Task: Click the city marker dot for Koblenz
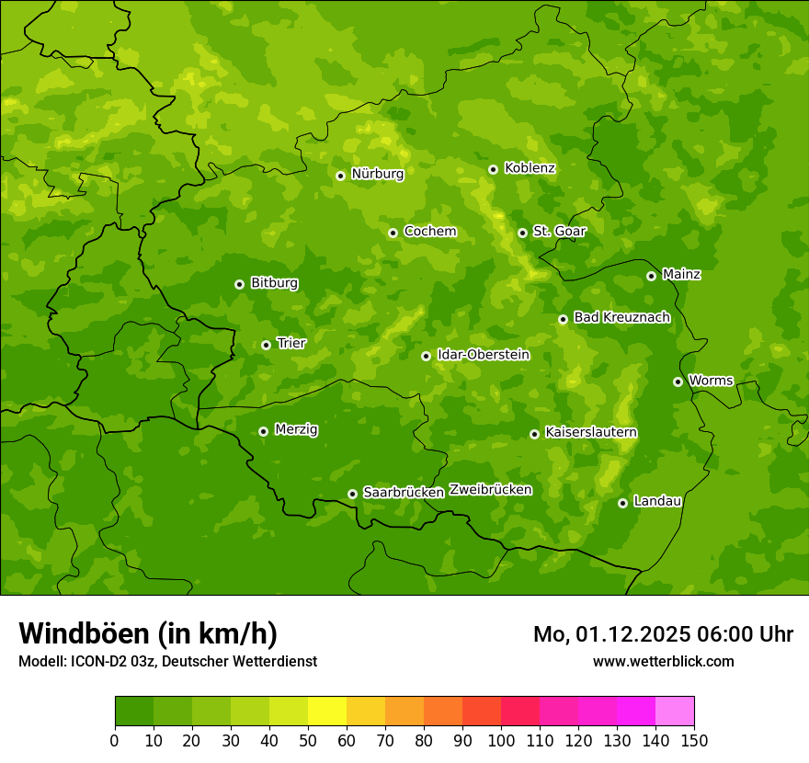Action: (x=493, y=169)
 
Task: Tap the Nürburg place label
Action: (x=377, y=173)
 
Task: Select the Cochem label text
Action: (x=429, y=231)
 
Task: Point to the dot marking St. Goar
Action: (x=522, y=233)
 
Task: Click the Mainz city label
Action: (x=681, y=274)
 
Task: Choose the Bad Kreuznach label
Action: (x=621, y=317)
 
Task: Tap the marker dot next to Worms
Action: (x=678, y=381)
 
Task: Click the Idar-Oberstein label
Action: (x=483, y=354)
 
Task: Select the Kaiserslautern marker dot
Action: (x=534, y=434)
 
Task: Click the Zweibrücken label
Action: (x=490, y=489)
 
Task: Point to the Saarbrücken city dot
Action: (x=352, y=494)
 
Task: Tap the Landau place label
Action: (x=657, y=501)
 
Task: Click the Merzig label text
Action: (x=296, y=429)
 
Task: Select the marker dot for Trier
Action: (x=266, y=345)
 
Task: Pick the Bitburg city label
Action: (x=274, y=282)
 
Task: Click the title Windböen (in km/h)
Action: (x=147, y=633)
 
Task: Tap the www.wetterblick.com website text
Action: (x=663, y=661)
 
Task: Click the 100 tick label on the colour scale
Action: (x=501, y=740)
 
